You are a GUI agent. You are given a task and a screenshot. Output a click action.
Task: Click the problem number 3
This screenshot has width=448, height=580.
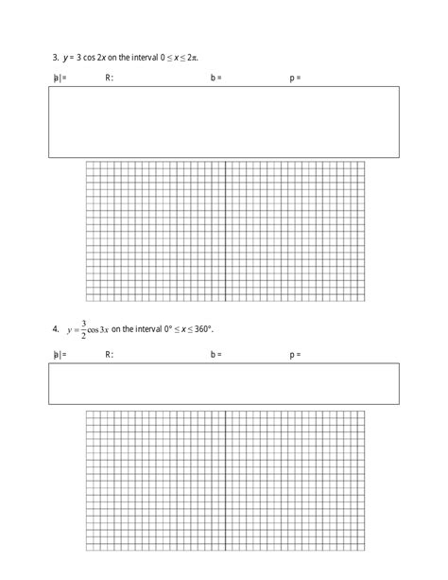(x=56, y=57)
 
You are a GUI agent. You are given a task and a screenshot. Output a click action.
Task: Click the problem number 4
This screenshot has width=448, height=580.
(x=56, y=328)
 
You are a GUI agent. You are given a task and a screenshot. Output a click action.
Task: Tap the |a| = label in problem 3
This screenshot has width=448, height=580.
(x=60, y=78)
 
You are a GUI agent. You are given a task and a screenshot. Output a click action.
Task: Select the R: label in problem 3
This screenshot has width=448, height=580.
(x=109, y=78)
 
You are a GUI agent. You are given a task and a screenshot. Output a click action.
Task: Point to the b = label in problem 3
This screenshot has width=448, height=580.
(x=216, y=78)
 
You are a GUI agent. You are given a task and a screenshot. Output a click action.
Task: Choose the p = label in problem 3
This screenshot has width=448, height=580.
(x=295, y=78)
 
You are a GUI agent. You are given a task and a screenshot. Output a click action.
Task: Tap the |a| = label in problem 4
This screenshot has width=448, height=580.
(x=60, y=355)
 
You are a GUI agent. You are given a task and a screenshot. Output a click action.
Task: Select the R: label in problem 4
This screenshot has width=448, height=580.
(x=109, y=355)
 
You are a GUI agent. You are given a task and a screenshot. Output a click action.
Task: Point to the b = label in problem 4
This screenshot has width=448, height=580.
(x=216, y=355)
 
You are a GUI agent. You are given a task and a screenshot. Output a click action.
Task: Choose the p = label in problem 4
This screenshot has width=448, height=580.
(x=295, y=355)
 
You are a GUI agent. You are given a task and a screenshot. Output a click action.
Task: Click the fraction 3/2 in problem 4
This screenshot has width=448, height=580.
(x=83, y=328)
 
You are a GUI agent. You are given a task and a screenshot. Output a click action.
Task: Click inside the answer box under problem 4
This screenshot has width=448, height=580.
(x=223, y=383)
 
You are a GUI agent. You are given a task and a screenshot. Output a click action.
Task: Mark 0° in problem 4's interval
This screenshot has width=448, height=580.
(x=176, y=328)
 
